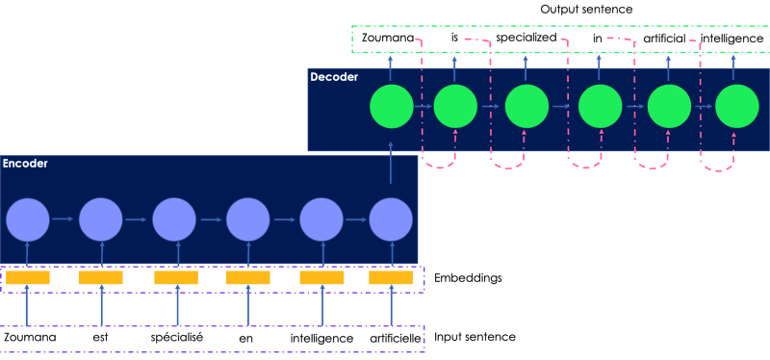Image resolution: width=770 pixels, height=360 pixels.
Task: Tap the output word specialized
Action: click(x=526, y=39)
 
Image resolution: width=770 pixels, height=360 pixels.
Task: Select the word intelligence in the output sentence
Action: click(x=732, y=39)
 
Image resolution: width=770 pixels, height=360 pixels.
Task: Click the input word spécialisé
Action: click(x=174, y=339)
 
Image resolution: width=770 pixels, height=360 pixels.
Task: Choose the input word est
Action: click(x=101, y=339)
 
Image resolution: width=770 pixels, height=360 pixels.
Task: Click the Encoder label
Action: click(x=25, y=165)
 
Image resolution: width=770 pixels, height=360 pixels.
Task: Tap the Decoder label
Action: click(x=333, y=75)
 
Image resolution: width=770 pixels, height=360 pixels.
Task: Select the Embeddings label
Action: click(x=468, y=278)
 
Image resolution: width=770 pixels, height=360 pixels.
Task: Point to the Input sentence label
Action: click(x=475, y=337)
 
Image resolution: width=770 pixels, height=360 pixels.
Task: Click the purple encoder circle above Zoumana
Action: click(x=27, y=220)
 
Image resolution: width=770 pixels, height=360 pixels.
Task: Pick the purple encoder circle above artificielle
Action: click(x=391, y=220)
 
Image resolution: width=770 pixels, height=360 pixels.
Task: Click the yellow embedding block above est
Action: click(x=100, y=278)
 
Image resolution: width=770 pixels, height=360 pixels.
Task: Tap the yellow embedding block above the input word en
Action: click(x=247, y=278)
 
